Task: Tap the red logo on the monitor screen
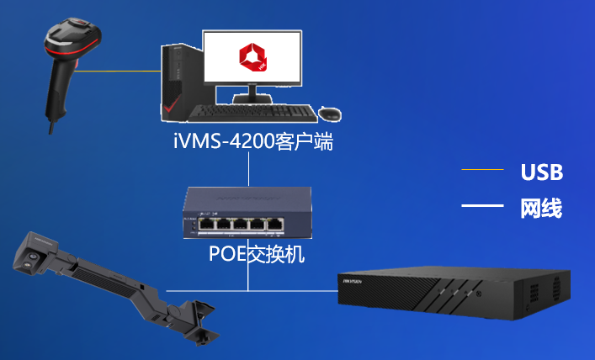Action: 252,57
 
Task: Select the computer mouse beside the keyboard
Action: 329,114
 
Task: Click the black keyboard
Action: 252,113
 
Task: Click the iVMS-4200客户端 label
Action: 253,141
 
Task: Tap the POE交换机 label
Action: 257,253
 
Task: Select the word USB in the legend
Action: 542,172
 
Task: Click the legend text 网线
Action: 541,209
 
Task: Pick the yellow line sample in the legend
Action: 482,169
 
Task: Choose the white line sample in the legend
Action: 482,205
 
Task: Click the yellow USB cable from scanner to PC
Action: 118,71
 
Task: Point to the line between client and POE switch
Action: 248,169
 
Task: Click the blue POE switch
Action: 247,213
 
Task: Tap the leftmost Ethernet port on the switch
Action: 206,225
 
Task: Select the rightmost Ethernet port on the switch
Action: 274,225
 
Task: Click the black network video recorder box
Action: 454,292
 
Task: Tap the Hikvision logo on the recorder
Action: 352,282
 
